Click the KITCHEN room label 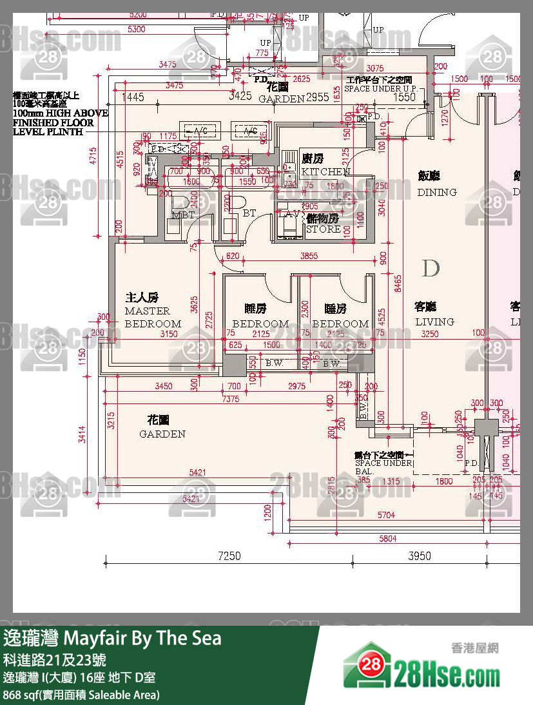(325, 171)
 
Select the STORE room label (323, 229)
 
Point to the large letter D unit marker (431, 267)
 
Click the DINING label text (436, 192)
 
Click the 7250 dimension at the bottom (229, 556)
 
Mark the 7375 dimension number (230, 400)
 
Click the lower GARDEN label (162, 434)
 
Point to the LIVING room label (434, 322)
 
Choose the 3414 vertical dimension (81, 438)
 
